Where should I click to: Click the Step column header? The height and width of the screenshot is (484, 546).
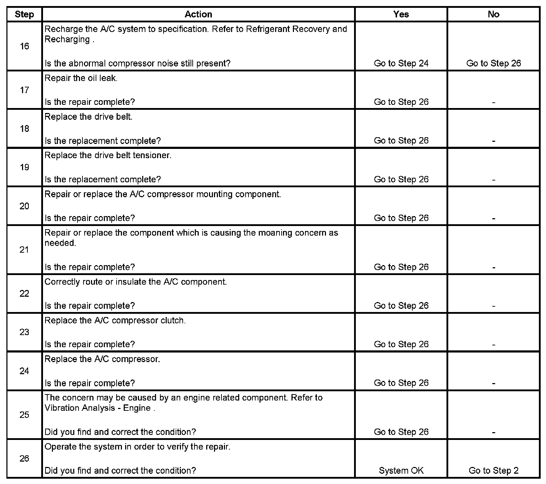click(x=24, y=14)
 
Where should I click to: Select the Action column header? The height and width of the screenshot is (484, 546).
click(x=198, y=14)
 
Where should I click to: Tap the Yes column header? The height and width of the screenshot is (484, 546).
click(x=401, y=14)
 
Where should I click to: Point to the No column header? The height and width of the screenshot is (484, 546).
click(x=493, y=14)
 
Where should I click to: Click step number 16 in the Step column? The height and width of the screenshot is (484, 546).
click(x=24, y=46)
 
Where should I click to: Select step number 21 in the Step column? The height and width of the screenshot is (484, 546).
click(x=24, y=249)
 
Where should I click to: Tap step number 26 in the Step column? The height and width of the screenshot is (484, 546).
click(x=24, y=458)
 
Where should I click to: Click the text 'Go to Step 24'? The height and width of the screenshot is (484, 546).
click(x=401, y=63)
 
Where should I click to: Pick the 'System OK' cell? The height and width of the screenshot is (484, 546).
click(x=401, y=470)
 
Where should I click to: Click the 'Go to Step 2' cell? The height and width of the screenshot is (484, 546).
click(x=493, y=470)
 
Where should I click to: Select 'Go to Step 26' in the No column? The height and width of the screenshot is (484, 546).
click(x=493, y=63)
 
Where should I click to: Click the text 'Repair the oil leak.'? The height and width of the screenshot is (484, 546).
click(x=81, y=78)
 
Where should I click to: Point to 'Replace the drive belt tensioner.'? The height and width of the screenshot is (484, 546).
click(x=108, y=155)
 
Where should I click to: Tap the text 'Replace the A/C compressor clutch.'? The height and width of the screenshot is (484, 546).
click(x=115, y=321)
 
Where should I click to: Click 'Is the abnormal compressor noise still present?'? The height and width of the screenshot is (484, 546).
click(x=138, y=63)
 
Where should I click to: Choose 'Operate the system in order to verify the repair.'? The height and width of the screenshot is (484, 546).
click(x=138, y=447)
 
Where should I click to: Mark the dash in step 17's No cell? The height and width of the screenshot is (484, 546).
click(x=493, y=102)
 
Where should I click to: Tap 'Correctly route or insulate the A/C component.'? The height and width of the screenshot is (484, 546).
click(x=136, y=282)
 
